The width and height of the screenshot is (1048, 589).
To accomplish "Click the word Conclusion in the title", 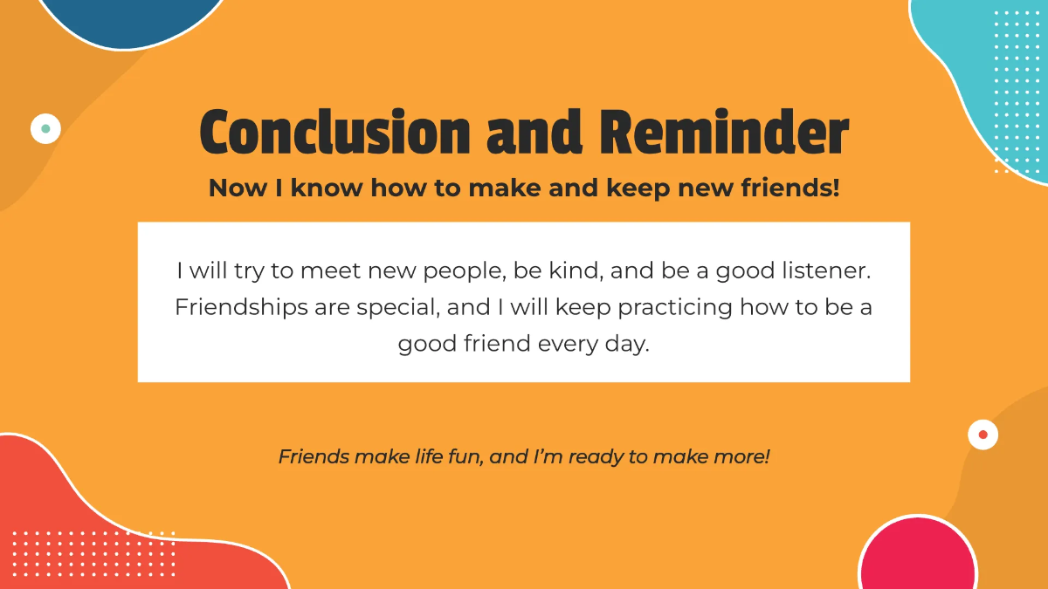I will tap(334, 133).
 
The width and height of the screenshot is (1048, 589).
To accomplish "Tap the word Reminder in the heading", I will tap(724, 133).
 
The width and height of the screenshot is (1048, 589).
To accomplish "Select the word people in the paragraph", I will tap(462, 272).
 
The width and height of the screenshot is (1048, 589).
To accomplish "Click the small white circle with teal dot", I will tap(45, 128).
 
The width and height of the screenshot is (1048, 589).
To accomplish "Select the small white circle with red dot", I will tap(982, 434).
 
